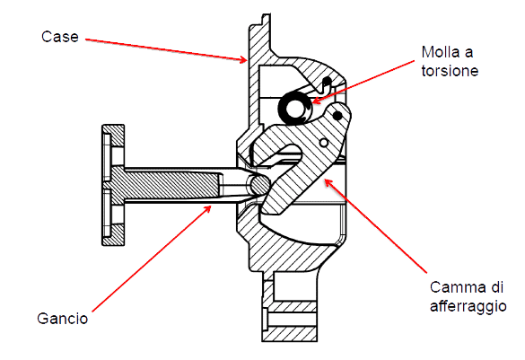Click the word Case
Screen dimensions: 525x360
coord(60,37)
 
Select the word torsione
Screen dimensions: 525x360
coord(450,71)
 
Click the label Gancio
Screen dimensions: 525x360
coord(63,319)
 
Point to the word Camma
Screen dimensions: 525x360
coord(458,287)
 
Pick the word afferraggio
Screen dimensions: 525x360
coord(468,307)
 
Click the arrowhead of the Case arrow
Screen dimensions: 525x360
coord(242,59)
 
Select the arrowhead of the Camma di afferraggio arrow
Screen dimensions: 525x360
coord(328,183)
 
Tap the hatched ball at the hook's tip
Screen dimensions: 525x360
coord(260,185)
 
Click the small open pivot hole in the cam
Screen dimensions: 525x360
coord(323,143)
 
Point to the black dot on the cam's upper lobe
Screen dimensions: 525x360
coord(337,116)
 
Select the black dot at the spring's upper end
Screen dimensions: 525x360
coord(328,81)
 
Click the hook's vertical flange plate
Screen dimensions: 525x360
coord(113,185)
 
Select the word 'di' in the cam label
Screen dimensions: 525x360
coord(496,287)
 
